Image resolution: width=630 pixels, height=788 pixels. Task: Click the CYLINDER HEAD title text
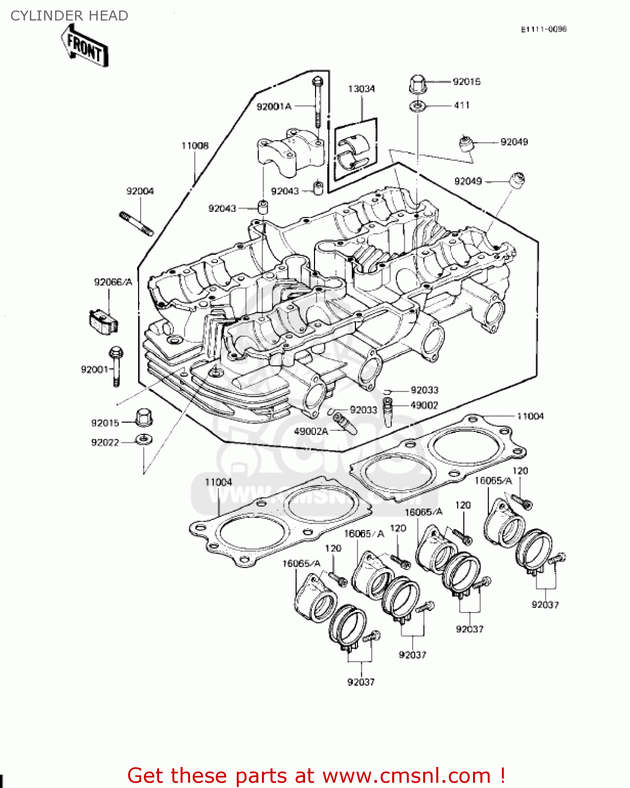[x=69, y=16]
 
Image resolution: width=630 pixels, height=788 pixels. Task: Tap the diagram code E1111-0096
[x=543, y=29]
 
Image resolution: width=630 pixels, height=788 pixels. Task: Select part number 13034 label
[x=361, y=89]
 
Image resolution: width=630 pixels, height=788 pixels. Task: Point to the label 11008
[x=195, y=146]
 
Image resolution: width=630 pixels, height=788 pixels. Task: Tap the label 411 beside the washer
[x=461, y=105]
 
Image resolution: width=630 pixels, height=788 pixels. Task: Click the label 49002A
[x=311, y=431]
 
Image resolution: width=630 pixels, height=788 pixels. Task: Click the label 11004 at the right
[x=530, y=417]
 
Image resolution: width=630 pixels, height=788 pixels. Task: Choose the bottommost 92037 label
[x=361, y=682]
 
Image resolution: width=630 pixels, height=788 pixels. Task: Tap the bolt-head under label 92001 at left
[x=116, y=352]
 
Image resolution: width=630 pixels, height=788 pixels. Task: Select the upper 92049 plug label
[x=514, y=142]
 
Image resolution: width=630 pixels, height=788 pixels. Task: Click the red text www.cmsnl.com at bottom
[x=406, y=775]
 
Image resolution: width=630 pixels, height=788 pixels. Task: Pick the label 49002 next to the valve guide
[x=424, y=405]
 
